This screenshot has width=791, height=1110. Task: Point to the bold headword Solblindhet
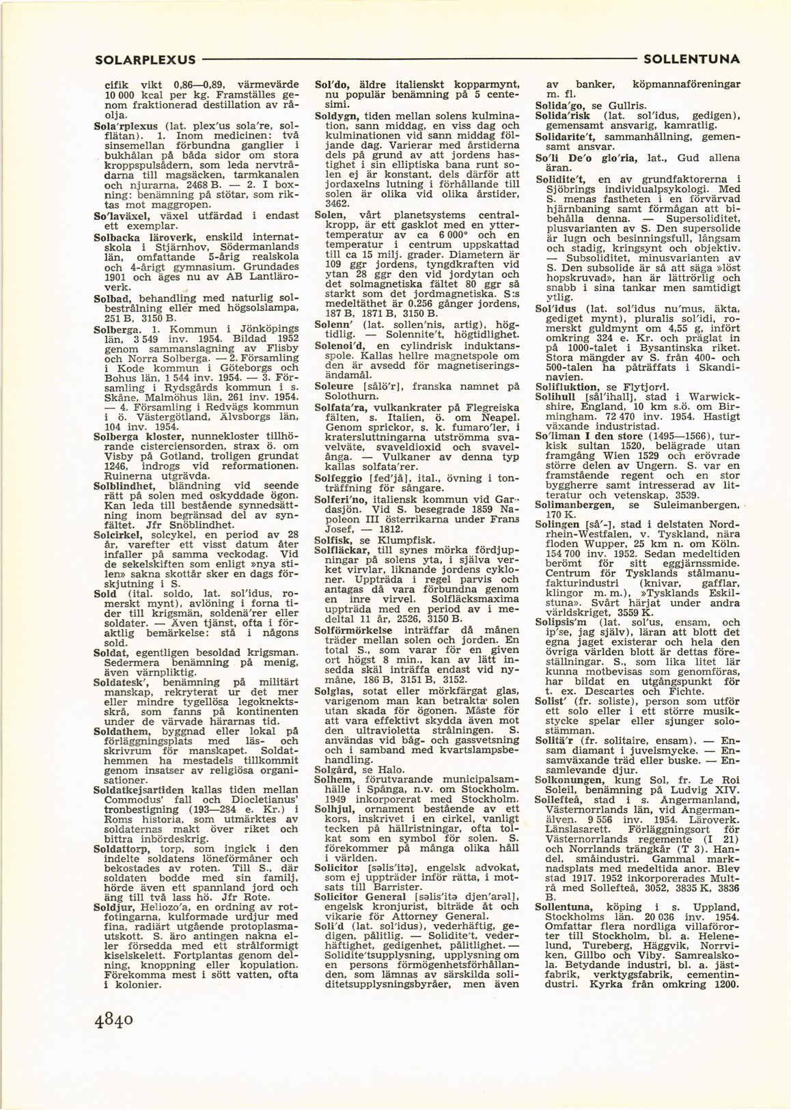(x=124, y=485)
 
